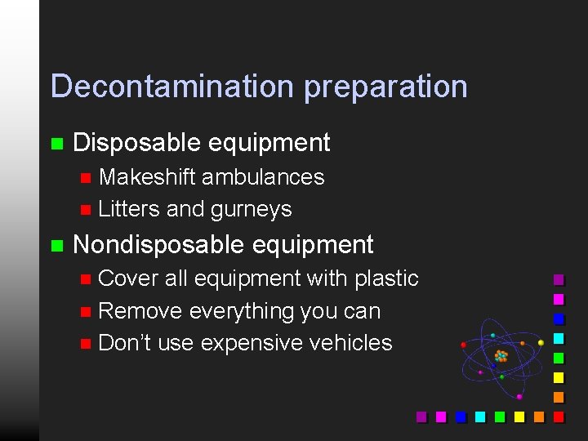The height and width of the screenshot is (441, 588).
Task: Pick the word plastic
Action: coord(386,279)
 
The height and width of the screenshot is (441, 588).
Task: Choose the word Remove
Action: coord(140,311)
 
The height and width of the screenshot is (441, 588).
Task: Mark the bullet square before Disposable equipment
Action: coord(56,145)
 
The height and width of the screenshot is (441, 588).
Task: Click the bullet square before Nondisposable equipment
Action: coord(56,245)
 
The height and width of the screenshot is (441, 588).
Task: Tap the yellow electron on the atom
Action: coord(541,343)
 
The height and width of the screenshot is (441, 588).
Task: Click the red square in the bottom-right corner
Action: coord(559,416)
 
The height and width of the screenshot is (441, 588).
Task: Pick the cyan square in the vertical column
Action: coord(559,338)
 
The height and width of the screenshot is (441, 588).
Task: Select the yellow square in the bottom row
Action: coord(519,416)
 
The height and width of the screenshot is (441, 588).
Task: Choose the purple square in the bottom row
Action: coord(421,416)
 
